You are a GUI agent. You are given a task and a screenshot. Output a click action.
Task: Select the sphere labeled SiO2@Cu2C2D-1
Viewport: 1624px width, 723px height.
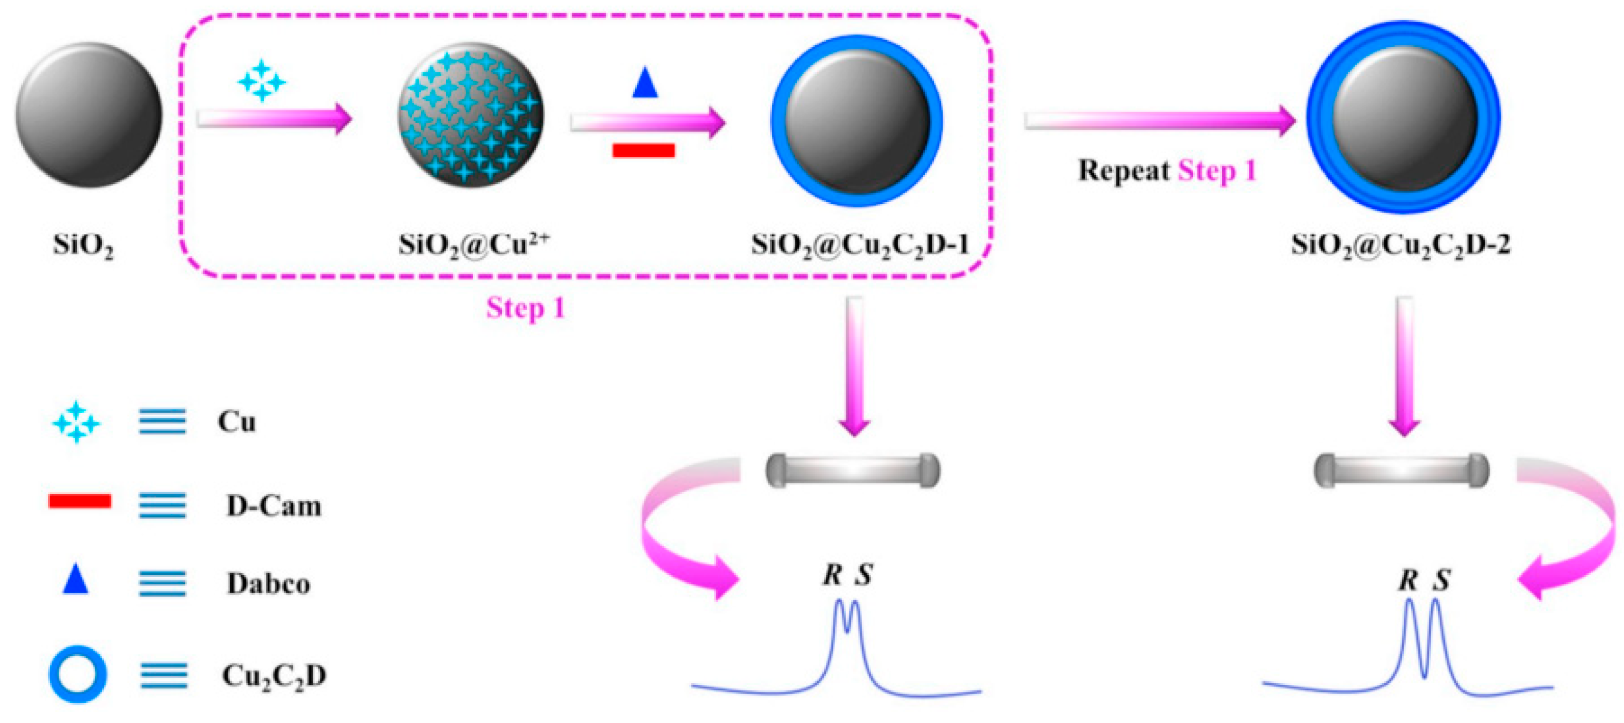pyautogui.click(x=857, y=120)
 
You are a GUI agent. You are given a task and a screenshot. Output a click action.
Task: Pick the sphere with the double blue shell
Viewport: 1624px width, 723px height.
pyautogui.click(x=1403, y=118)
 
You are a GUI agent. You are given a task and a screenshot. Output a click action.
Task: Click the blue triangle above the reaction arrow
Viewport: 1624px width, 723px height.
pyautogui.click(x=644, y=83)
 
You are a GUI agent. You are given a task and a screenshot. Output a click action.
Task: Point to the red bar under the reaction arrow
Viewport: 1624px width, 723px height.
pyautogui.click(x=644, y=150)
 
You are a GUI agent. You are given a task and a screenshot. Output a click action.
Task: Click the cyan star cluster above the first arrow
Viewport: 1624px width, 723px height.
pyautogui.click(x=261, y=80)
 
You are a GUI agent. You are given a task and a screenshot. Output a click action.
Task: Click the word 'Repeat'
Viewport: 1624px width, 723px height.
pyautogui.click(x=1123, y=171)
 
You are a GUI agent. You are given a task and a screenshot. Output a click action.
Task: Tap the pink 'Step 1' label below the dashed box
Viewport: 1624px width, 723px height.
pyautogui.click(x=525, y=308)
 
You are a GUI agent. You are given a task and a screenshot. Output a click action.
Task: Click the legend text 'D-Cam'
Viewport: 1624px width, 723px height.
pyautogui.click(x=274, y=506)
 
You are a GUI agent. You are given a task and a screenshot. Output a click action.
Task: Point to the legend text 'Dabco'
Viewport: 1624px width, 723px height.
pyautogui.click(x=269, y=584)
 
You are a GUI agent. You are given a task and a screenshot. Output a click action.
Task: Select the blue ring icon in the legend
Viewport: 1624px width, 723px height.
pyautogui.click(x=77, y=674)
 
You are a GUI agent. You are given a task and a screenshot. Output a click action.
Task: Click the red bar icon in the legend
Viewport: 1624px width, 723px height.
pyautogui.click(x=80, y=502)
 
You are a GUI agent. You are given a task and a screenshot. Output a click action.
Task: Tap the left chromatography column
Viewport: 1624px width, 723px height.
pyautogui.click(x=853, y=470)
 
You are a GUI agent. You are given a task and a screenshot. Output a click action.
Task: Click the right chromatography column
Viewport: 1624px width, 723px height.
pyautogui.click(x=1402, y=470)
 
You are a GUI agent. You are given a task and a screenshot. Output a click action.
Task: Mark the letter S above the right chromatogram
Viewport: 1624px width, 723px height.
pyautogui.click(x=1441, y=580)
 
